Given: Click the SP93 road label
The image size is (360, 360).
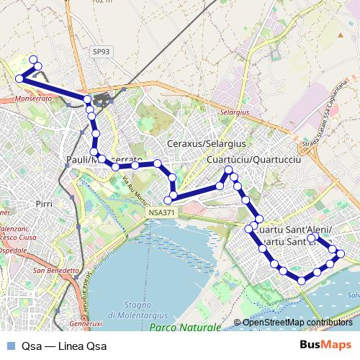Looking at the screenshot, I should tap(102, 52).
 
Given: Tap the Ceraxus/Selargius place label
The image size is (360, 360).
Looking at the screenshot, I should tap(206, 144).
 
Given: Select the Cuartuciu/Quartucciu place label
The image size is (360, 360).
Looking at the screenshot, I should tap(253, 160).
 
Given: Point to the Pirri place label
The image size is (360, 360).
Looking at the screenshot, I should tap(44, 204).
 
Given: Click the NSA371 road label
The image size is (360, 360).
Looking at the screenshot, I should tap(163, 213).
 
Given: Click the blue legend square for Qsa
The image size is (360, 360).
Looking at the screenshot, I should tap(9, 346).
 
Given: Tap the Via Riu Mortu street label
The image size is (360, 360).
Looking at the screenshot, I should tap(133, 189).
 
